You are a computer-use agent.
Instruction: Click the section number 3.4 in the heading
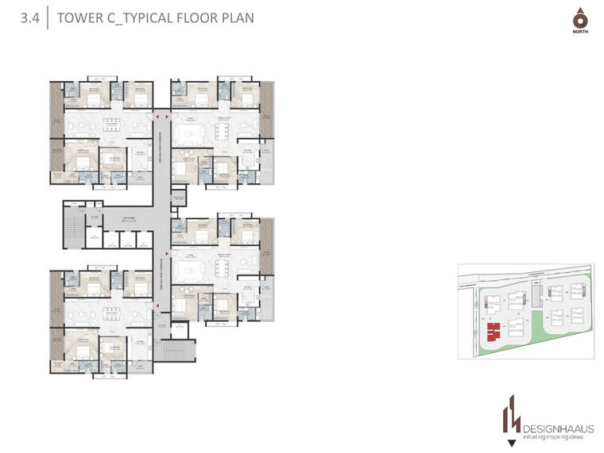coord(31,17)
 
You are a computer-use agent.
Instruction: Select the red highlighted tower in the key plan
coord(493,329)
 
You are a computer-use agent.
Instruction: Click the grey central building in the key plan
coord(536,295)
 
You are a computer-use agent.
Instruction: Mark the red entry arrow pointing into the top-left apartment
coord(158,120)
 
